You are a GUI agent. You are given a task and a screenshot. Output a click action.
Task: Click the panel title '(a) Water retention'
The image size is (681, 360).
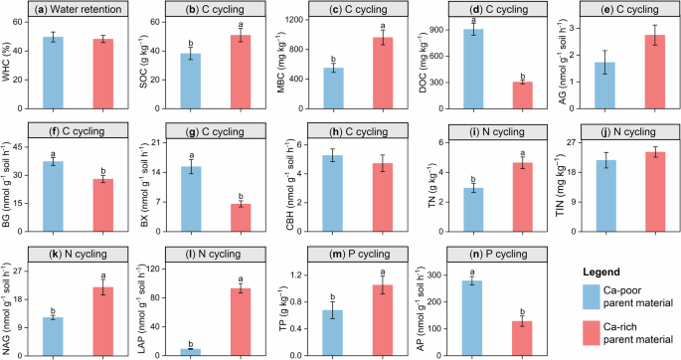(x=74, y=10)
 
